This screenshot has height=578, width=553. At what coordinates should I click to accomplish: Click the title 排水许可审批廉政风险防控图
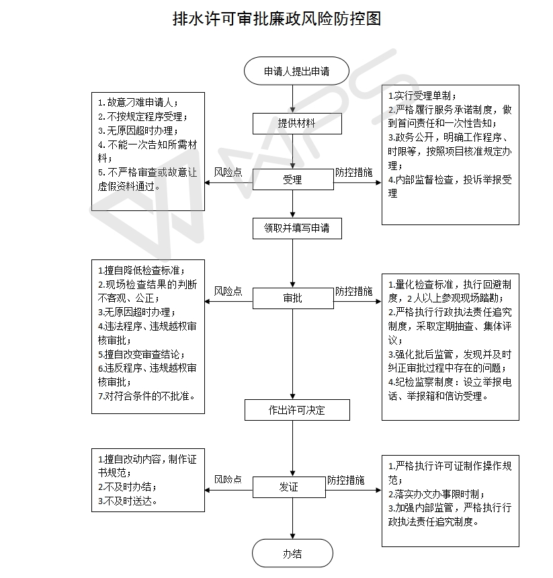point(277,19)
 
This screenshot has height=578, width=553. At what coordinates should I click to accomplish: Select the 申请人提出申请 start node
point(296,71)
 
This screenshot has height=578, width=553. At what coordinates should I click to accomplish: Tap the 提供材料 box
point(297,124)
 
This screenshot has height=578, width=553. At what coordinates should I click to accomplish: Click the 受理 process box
point(293,179)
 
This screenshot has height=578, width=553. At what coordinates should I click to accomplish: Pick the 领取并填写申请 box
point(297,229)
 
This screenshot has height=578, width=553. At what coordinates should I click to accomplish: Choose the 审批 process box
point(293,298)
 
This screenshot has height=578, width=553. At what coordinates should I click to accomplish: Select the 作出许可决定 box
point(297,410)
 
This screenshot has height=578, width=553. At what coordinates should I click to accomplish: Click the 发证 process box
point(289,487)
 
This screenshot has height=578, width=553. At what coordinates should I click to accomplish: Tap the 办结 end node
point(292,553)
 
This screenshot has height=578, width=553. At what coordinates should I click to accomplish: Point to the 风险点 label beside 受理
point(228,172)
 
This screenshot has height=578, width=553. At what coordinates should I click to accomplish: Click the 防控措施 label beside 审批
point(353,291)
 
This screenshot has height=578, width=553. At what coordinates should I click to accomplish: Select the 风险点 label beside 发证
point(228,479)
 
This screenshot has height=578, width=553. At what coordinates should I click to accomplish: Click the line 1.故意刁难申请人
point(138,102)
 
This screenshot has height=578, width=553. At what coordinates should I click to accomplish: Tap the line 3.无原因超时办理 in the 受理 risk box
point(138,130)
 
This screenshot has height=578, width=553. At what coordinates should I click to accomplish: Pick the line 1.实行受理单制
point(422,96)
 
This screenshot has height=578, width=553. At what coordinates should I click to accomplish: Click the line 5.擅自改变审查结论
point(141,354)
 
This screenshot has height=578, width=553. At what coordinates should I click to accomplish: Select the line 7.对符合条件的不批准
point(146,396)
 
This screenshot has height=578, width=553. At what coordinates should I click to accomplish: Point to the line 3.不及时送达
point(128,501)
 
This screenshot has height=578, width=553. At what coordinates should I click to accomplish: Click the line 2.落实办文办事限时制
point(437,494)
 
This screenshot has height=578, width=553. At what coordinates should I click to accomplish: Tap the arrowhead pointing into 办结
point(293,536)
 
